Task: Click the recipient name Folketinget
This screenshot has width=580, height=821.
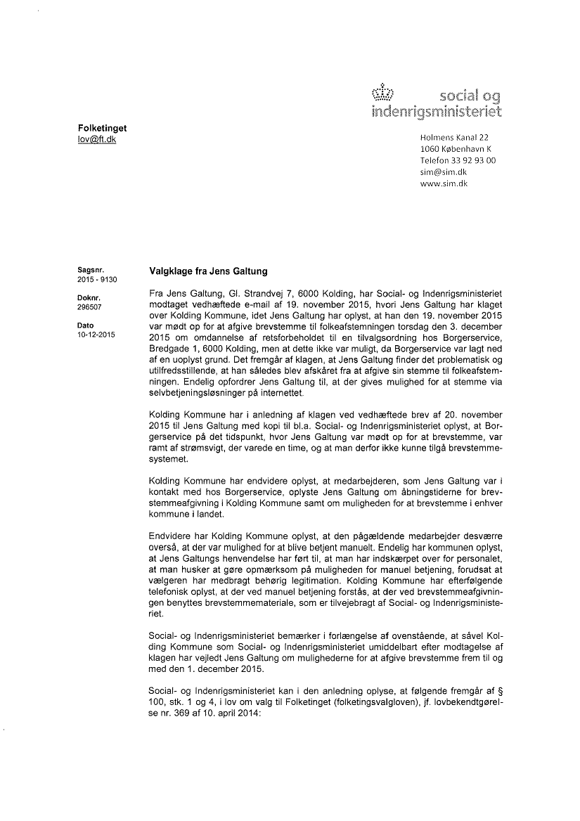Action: click(x=102, y=128)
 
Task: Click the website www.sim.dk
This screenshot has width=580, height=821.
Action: click(x=444, y=183)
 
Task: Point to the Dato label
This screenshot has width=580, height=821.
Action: click(x=85, y=325)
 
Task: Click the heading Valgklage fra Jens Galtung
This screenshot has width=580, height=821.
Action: click(x=208, y=272)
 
